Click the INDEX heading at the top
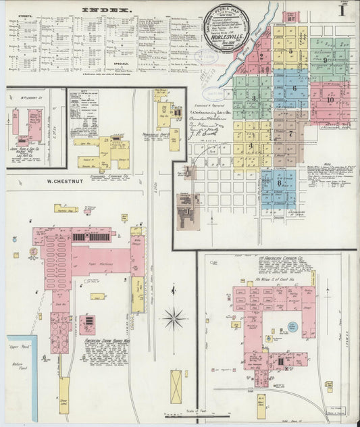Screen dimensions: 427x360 (107, 9)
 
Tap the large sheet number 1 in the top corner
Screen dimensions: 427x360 (343, 10)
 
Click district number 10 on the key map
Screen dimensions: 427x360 (330, 99)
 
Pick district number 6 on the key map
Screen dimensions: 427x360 (294, 88)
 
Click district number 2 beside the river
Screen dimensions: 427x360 (261, 57)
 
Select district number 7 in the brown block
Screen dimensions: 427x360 (290, 134)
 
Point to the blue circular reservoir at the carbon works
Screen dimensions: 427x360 (292, 327)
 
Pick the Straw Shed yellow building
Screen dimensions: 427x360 (64, 395)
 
